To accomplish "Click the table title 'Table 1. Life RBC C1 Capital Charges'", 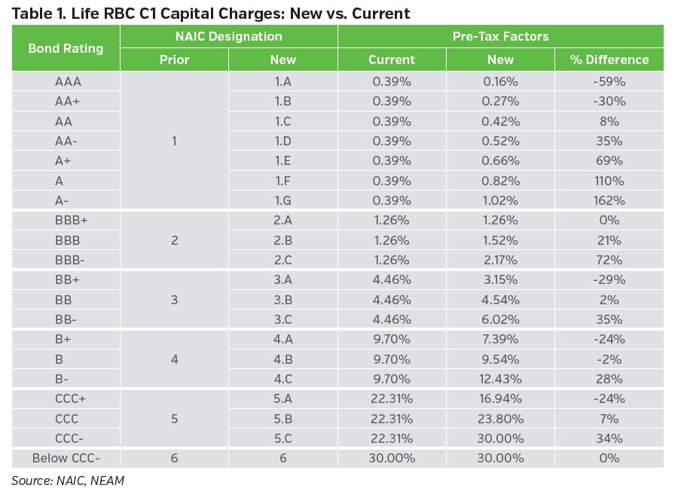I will pos(211,13).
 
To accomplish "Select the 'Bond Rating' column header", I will pos(66,48).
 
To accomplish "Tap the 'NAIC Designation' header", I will pos(229,36).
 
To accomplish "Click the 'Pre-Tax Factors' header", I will pos(500,36).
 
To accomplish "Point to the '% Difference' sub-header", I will pos(609,59).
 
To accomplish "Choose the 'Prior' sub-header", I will pos(174,59).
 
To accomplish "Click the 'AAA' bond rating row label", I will pos(66,81).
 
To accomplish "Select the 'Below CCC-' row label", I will pos(66,458).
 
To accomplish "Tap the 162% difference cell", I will pos(609,200).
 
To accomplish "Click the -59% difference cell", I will pos(609,81).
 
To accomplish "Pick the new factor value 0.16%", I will pos(500,81).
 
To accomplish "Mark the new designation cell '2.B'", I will pos(282,240).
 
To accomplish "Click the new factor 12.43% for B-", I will pos(500,379).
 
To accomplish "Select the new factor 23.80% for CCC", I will pos(500,419).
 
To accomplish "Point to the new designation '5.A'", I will pos(282,398).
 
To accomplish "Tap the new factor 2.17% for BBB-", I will pos(500,260).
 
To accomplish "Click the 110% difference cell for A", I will pos(609,180).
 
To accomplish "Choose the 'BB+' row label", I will pos(66,279).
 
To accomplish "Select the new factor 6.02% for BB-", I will pos(500,319).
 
